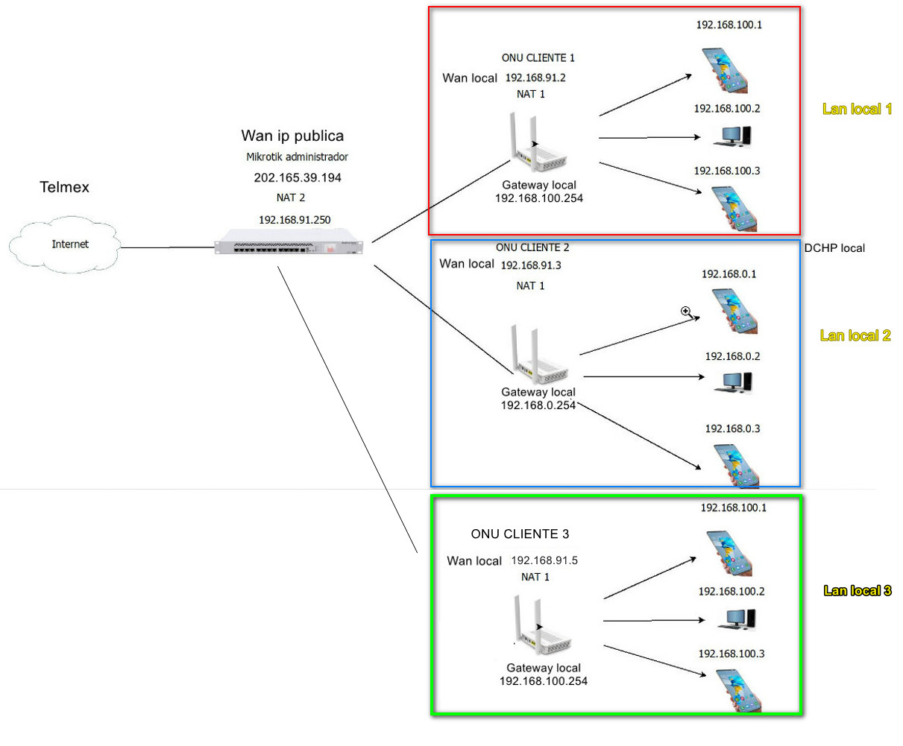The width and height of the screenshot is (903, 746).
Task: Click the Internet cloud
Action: [66, 244]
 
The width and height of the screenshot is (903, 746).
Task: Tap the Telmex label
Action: [64, 187]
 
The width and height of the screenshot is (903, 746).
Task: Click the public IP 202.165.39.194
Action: [298, 177]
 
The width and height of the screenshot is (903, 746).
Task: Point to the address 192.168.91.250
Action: [295, 220]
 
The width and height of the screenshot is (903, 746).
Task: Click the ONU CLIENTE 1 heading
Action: [538, 57]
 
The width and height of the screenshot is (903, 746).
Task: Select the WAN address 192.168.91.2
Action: [535, 78]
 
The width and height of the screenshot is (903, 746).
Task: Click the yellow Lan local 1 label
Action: [857, 109]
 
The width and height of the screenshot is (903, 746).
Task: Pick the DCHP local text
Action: [834, 248]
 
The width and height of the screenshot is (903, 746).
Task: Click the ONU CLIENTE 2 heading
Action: [532, 247]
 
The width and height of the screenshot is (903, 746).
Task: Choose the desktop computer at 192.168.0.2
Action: [733, 382]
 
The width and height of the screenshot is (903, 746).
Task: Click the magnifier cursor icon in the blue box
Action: [686, 312]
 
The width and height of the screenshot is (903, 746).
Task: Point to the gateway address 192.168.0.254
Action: [538, 405]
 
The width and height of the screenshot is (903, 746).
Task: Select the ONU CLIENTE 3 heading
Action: [520, 534]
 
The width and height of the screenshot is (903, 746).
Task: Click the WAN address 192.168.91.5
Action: [544, 560]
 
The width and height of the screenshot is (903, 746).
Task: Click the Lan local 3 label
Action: [857, 591]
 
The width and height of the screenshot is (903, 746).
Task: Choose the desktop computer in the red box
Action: [732, 136]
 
